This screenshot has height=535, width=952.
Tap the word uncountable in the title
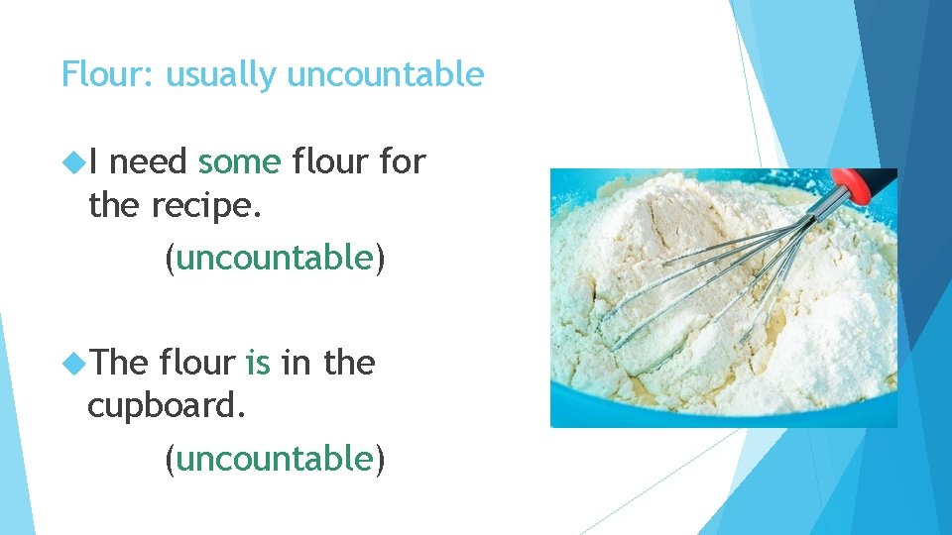pyautogui.click(x=386, y=75)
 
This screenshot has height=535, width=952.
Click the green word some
pyautogui.click(x=239, y=161)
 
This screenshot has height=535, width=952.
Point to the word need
pyautogui.click(x=151, y=162)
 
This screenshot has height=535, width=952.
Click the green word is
pyautogui.click(x=258, y=364)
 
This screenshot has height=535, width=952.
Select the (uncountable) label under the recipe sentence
pyautogui.click(x=275, y=258)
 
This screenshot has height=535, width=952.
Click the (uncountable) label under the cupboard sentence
pyautogui.click(x=275, y=459)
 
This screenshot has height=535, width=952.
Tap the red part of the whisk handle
pyautogui.click(x=854, y=183)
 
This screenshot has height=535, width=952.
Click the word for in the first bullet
pyautogui.click(x=403, y=161)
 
